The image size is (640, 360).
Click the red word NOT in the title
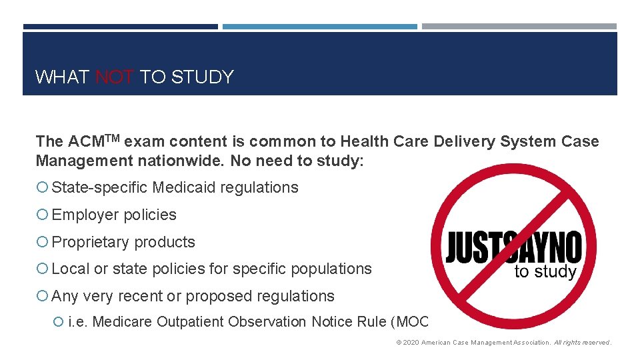pyautogui.click(x=116, y=77)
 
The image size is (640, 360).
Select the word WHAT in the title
pyautogui.click(x=62, y=77)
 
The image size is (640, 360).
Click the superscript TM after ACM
pyautogui.click(x=113, y=138)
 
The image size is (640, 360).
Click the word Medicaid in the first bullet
pyautogui.click(x=184, y=188)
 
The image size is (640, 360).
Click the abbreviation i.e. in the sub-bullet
pyautogui.click(x=78, y=322)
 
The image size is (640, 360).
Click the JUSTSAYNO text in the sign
pyautogui.click(x=513, y=247)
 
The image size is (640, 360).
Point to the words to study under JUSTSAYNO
pyautogui.click(x=545, y=272)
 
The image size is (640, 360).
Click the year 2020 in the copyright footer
pyautogui.click(x=411, y=343)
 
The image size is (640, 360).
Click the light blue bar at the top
pyautogui.click(x=319, y=27)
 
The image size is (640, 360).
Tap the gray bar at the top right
pyautogui.click(x=519, y=27)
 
